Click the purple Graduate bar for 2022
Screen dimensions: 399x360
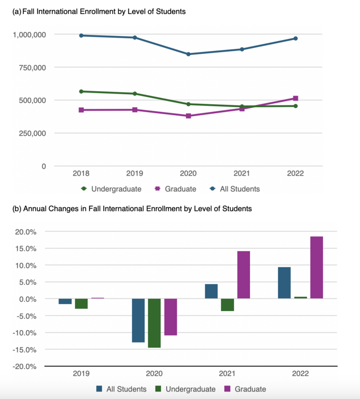(317, 267)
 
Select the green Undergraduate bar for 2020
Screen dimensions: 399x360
(154, 323)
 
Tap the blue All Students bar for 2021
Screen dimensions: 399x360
(211, 291)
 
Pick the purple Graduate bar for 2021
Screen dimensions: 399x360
(244, 275)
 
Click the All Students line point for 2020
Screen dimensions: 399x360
(188, 54)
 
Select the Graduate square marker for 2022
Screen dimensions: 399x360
(296, 98)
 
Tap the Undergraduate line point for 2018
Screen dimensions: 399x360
(81, 91)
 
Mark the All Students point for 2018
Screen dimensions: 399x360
(81, 35)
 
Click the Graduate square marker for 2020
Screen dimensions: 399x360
(188, 116)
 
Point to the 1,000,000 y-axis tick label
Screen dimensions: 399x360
(29, 34)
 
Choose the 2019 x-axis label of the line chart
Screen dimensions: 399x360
(135, 174)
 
